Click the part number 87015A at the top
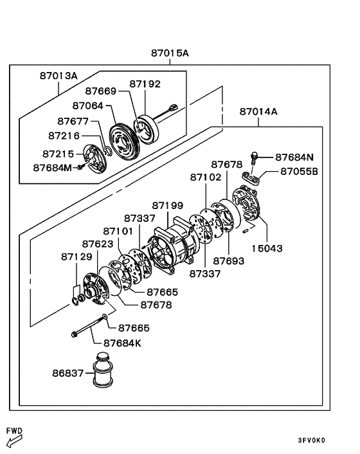170,54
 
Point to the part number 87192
145,84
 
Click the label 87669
102,92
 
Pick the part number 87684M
52,168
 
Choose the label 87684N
294,157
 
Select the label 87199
167,206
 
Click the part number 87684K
121,343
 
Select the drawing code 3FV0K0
311,440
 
